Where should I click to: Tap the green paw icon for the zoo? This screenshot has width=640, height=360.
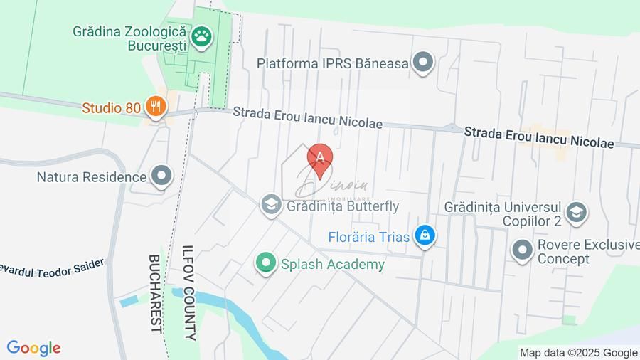(x=203, y=36)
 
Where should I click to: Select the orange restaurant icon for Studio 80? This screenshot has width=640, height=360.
(x=155, y=107)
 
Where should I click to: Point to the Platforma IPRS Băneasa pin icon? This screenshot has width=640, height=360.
(x=424, y=63)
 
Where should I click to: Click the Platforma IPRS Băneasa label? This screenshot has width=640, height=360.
(x=333, y=63)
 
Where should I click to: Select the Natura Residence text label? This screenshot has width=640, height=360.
(x=92, y=176)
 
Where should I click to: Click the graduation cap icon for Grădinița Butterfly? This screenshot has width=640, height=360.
(x=270, y=206)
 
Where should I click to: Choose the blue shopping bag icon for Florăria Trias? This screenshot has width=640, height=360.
(x=425, y=236)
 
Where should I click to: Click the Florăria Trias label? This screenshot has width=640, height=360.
(x=369, y=236)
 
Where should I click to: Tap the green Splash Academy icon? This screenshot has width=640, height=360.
(x=266, y=264)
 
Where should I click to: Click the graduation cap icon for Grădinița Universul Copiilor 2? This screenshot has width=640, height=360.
(x=576, y=212)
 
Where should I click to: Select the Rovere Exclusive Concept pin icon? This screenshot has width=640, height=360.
(x=523, y=250)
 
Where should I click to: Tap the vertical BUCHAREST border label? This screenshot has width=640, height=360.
(x=155, y=292)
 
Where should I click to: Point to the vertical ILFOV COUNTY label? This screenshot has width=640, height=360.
(x=188, y=292)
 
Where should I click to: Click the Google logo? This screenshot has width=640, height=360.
(x=33, y=348)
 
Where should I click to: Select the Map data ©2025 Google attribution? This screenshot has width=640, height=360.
(x=578, y=352)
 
